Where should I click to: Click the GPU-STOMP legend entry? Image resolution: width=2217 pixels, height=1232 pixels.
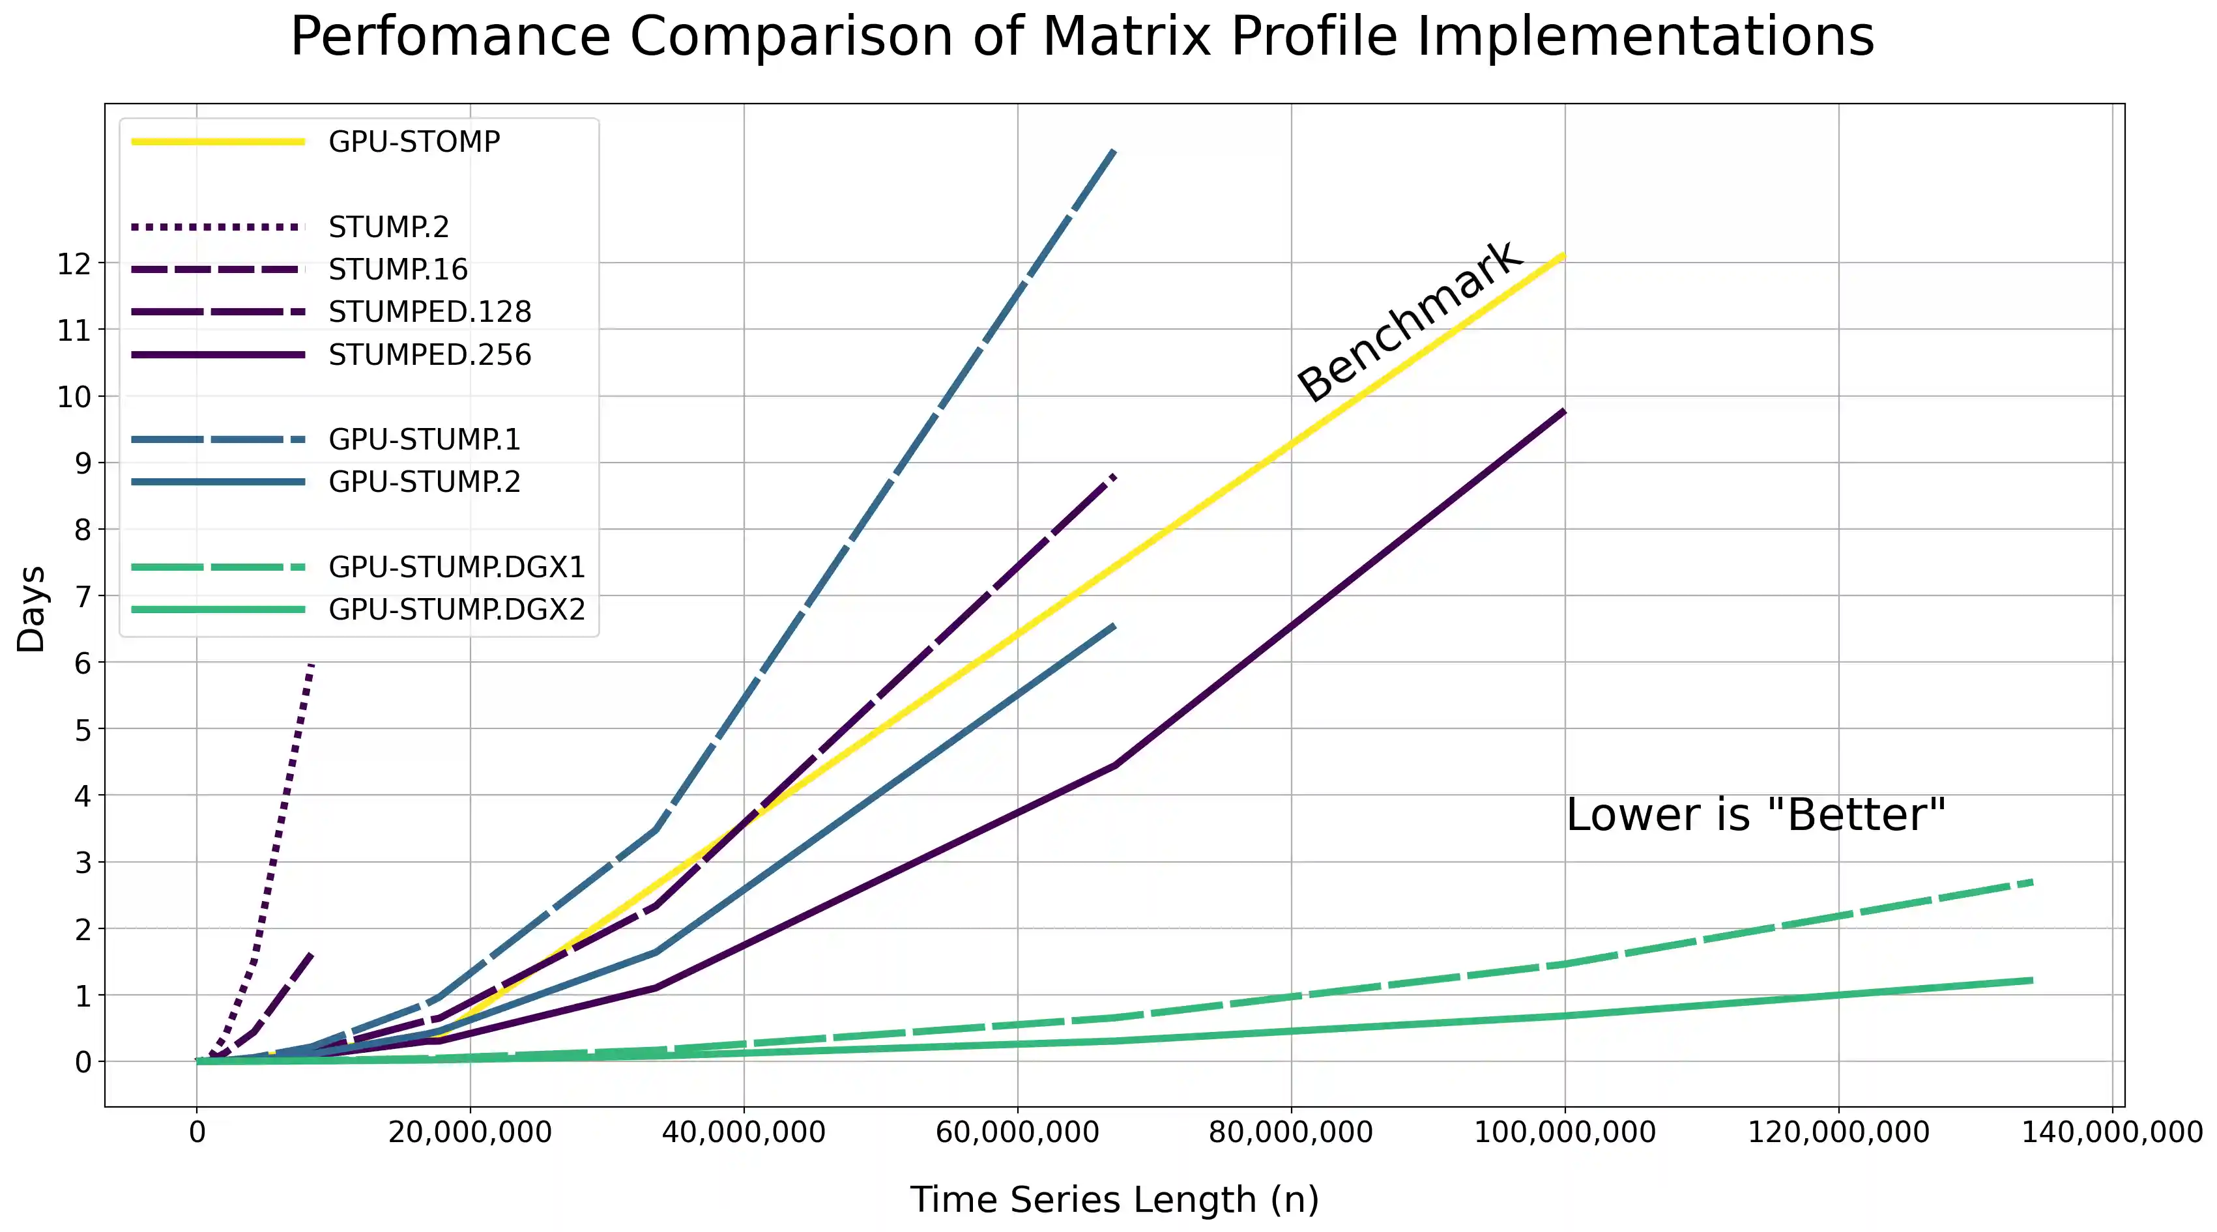(x=413, y=141)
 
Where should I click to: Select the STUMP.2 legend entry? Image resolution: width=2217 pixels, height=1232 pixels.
(x=388, y=227)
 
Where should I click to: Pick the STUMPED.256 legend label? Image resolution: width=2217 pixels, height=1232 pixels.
(x=429, y=354)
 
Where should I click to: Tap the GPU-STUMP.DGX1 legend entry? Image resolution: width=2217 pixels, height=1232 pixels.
(x=456, y=567)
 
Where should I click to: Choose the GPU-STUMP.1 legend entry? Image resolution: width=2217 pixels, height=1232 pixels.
(x=424, y=440)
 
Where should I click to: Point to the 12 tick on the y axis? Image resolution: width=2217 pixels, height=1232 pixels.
(x=74, y=263)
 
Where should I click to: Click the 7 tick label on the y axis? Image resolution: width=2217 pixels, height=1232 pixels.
(x=83, y=596)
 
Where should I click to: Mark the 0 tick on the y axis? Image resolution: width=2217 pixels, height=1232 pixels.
(x=83, y=1062)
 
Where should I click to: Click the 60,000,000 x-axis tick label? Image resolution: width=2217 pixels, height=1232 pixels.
(x=1017, y=1132)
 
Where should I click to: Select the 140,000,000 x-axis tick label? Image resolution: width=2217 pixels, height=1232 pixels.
(x=2111, y=1132)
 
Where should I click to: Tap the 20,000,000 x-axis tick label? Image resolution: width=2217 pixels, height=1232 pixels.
(x=470, y=1132)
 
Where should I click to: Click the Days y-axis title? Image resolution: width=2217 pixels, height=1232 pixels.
(x=31, y=609)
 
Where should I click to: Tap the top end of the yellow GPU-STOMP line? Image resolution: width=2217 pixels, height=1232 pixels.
(x=1563, y=255)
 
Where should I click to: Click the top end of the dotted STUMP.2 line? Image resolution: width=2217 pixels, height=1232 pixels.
(x=311, y=666)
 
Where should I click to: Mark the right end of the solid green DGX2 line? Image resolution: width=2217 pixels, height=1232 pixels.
(x=2031, y=980)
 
